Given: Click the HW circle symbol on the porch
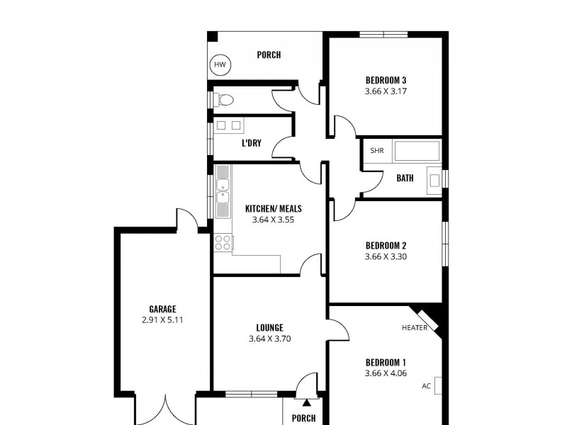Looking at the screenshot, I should pos(220,66).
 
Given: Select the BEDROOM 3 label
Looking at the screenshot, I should pos(386,80).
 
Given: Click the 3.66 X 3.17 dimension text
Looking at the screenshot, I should pos(386,91).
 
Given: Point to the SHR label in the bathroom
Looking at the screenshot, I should pos(376,151).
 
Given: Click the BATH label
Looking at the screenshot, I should pos(405,178).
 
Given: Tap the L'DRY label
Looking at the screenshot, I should pos(252,143).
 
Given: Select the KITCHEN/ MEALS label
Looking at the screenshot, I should pos(274,208).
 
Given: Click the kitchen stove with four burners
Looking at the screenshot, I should pos(223,242).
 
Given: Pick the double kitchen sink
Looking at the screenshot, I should pos(223,191).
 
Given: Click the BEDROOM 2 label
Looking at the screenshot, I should pos(386,246).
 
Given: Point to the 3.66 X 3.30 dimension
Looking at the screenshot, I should pos(386,257).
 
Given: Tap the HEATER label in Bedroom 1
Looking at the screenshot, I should pos(415,327).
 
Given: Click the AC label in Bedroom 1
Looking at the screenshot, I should pos(426,386).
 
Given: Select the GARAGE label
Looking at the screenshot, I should pos(162,309).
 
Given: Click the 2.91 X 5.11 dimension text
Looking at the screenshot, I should pos(162,319).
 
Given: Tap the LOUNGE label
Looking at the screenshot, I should pos(270,327).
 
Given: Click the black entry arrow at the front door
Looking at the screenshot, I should pos(306,402).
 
